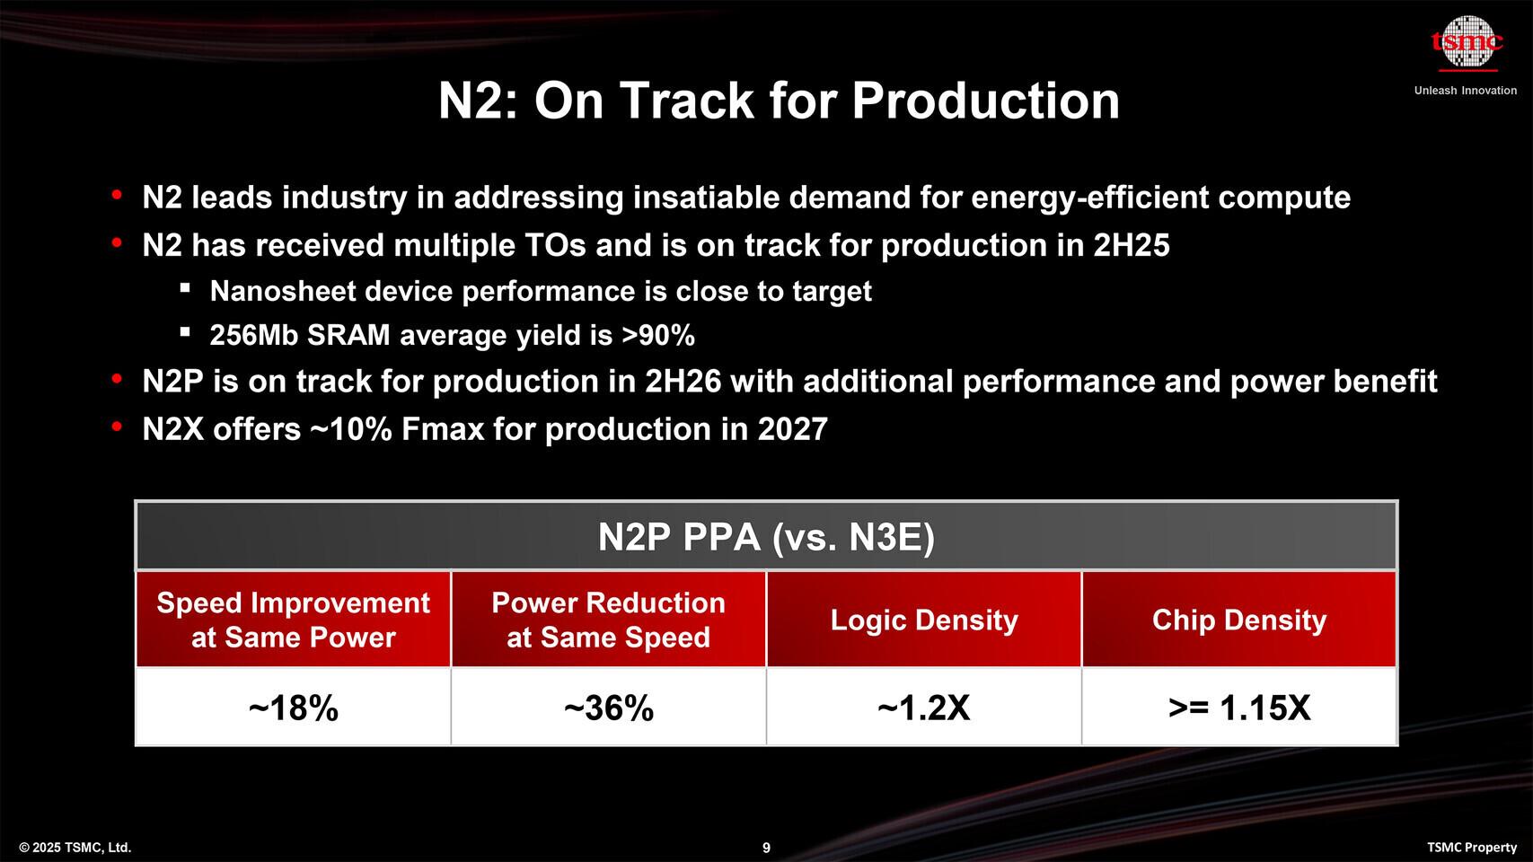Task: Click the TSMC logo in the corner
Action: click(x=1467, y=43)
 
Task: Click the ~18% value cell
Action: click(x=293, y=708)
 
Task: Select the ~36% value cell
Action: click(x=609, y=708)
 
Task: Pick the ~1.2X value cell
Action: click(x=924, y=708)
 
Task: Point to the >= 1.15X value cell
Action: click(x=1239, y=708)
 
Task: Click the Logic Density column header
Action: click(x=924, y=620)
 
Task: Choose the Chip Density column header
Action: click(x=1239, y=620)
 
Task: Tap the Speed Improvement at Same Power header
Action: click(x=293, y=620)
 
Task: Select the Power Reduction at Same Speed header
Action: click(x=609, y=620)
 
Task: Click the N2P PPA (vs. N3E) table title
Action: click(x=766, y=537)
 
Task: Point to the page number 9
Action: click(x=766, y=848)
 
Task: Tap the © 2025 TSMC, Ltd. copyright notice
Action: click(x=75, y=848)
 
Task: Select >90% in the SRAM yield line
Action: click(x=658, y=336)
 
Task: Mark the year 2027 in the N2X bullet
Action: click(x=792, y=429)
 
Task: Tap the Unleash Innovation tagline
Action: click(x=1465, y=91)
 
